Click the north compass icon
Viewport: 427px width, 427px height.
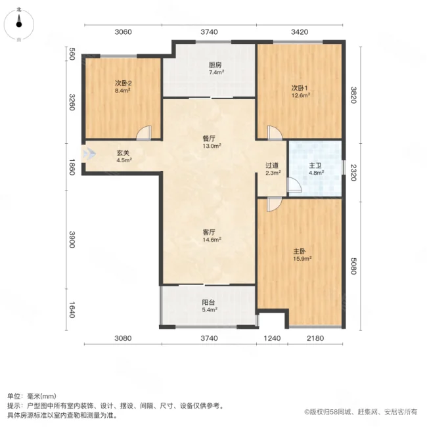[x=19, y=24]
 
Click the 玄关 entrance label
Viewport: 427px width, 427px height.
[x=124, y=156]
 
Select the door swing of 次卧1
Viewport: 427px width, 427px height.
[x=275, y=132]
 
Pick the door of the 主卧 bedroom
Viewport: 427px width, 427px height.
[x=275, y=204]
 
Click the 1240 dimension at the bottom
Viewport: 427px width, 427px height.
[x=272, y=339]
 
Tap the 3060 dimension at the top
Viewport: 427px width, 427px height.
[x=124, y=32]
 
